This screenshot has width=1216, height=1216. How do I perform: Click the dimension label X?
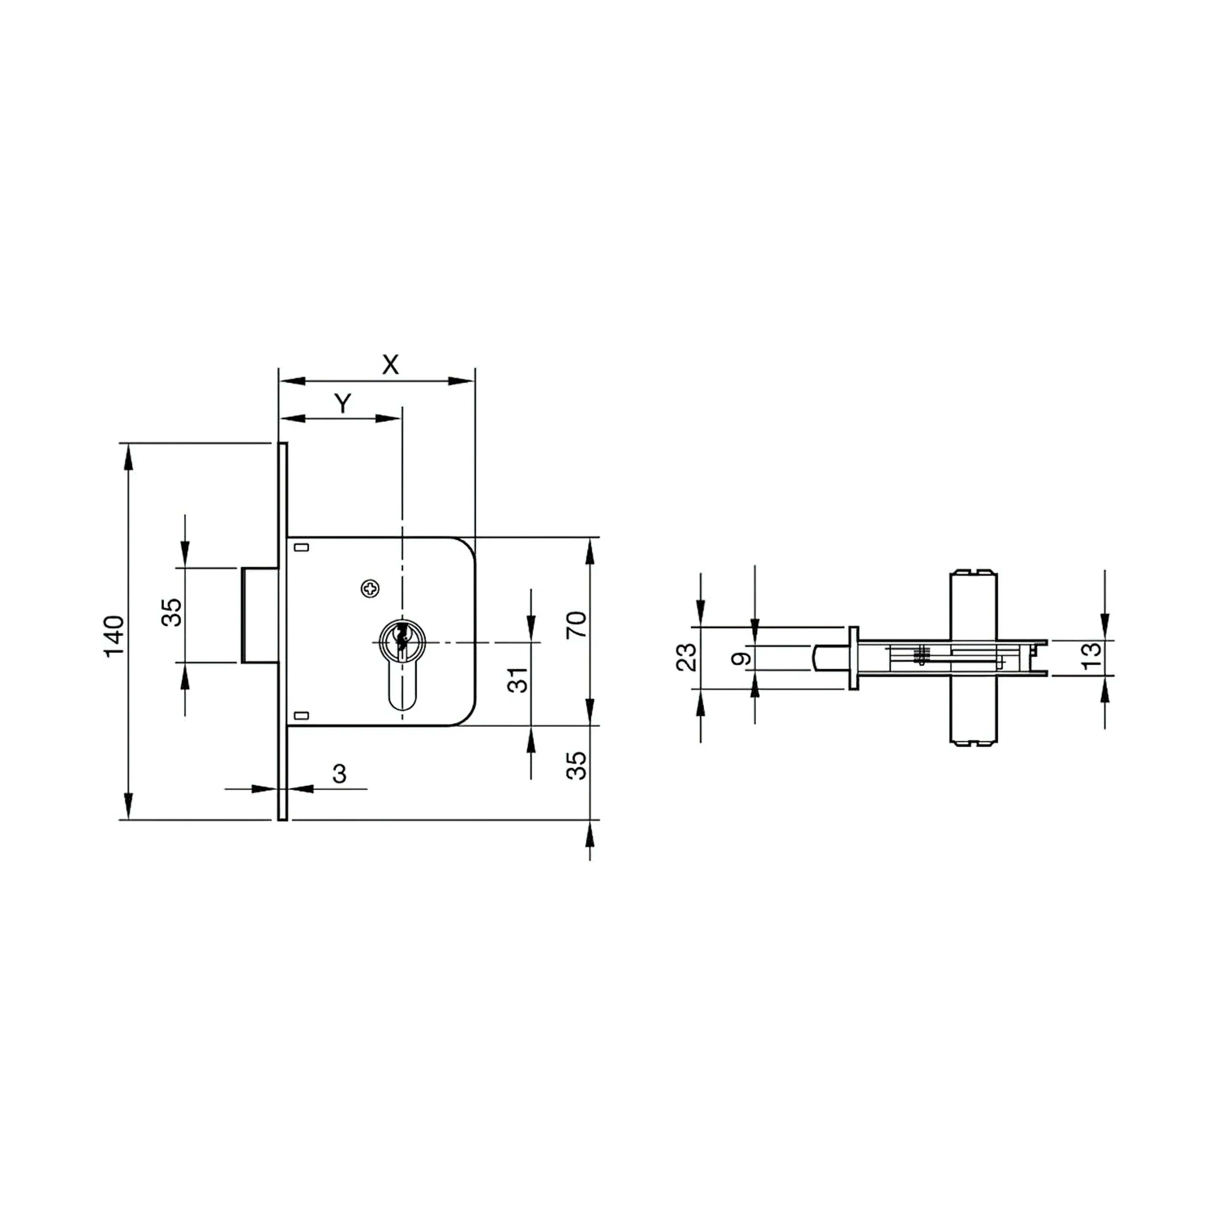point(390,364)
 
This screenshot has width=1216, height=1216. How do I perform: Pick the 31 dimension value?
point(517,680)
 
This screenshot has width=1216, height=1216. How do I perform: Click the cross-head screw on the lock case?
point(371,588)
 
